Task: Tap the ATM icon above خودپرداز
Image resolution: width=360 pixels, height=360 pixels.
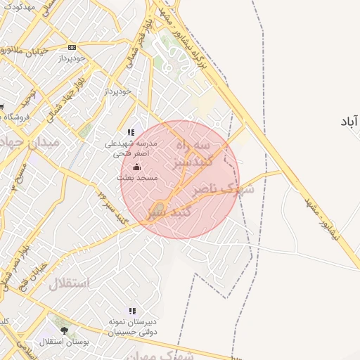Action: tap(72, 47)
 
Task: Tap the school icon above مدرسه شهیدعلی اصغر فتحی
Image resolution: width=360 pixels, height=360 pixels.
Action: tap(131, 132)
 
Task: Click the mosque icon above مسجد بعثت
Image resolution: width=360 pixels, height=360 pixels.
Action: tap(136, 167)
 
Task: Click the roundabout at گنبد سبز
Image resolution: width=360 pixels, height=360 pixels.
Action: tap(160, 208)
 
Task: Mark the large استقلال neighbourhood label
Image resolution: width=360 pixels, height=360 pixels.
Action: tap(69, 284)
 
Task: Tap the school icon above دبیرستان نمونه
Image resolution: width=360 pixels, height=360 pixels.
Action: tap(132, 310)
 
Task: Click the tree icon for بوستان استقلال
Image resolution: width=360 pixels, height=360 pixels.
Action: tap(65, 330)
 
